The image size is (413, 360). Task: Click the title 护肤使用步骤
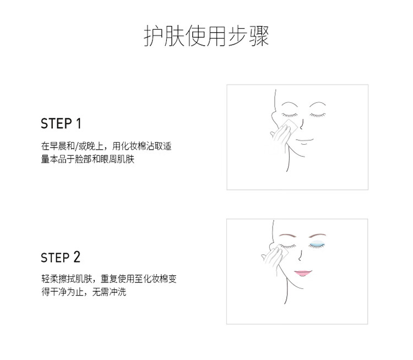(x=206, y=36)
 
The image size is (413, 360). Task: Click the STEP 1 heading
(x=61, y=123)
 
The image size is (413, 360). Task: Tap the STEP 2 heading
(x=61, y=257)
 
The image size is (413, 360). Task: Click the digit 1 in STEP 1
(x=79, y=123)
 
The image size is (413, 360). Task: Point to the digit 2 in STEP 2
(x=77, y=257)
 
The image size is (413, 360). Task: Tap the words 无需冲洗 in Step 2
(x=109, y=292)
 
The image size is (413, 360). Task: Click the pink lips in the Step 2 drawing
(x=303, y=273)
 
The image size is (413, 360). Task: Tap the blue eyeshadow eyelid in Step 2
(x=316, y=244)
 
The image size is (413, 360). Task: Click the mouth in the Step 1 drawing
(x=305, y=141)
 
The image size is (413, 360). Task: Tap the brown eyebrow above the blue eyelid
(x=317, y=235)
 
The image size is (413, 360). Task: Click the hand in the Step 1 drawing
(x=280, y=134)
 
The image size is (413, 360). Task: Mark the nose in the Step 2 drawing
(x=300, y=255)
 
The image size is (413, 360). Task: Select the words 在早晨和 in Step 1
(x=58, y=146)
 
